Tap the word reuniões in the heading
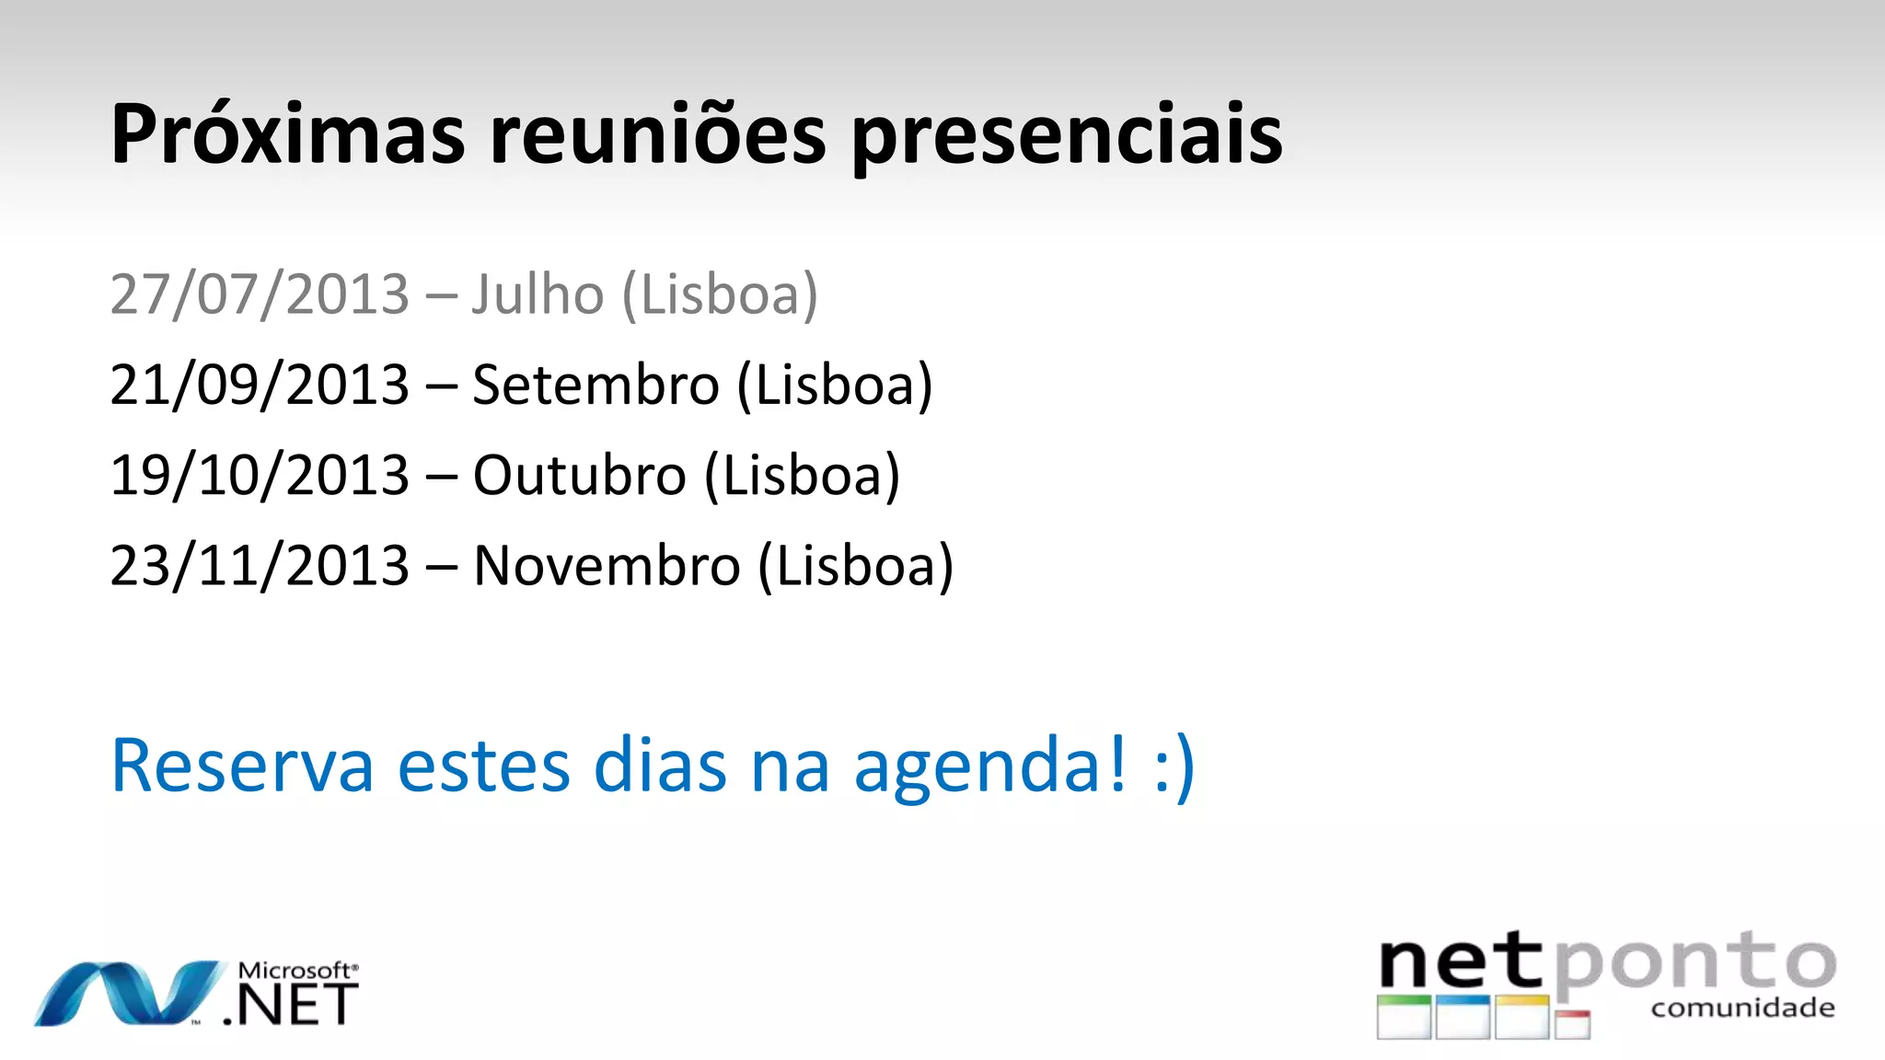(x=657, y=135)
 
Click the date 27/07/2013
(x=260, y=294)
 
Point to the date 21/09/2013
(x=260, y=385)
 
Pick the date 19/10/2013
(x=260, y=475)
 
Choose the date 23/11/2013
(x=260, y=565)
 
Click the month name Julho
(x=538, y=294)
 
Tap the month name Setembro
(x=596, y=385)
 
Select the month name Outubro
(x=579, y=475)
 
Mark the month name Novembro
(x=607, y=565)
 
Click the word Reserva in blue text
(x=242, y=766)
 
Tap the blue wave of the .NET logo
(x=129, y=994)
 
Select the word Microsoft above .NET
(x=295, y=971)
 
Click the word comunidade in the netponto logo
(x=1742, y=1008)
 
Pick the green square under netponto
(x=1405, y=1018)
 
